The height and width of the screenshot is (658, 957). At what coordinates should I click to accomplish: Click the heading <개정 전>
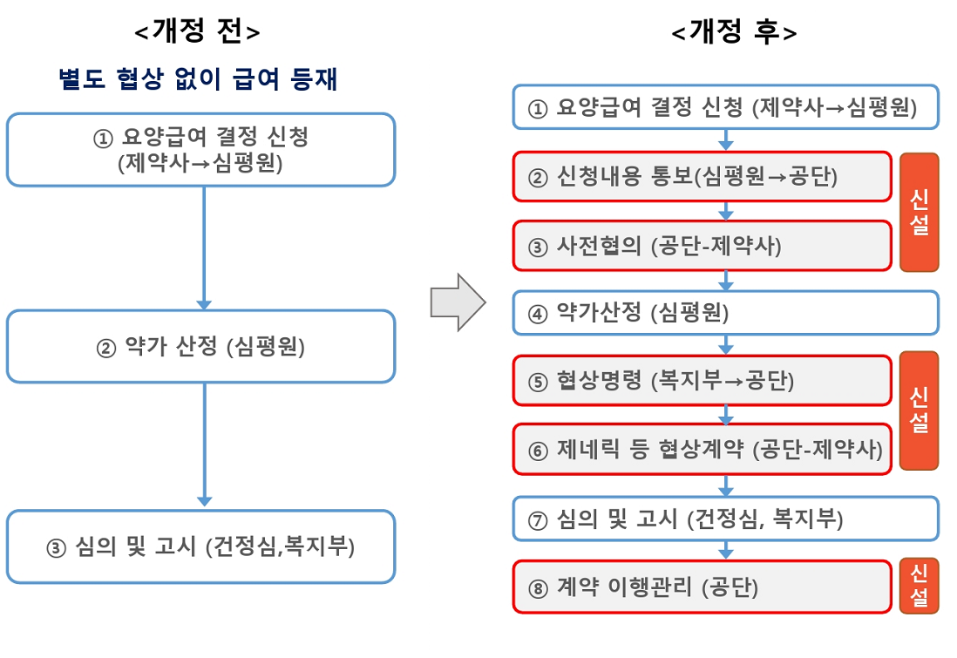[197, 31]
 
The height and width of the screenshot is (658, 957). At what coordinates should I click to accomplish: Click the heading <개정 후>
[734, 31]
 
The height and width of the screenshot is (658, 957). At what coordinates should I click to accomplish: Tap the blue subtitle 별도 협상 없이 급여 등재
[198, 78]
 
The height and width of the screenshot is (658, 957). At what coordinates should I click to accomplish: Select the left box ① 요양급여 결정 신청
[200, 150]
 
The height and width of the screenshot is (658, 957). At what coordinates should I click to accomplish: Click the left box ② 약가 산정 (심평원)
[200, 347]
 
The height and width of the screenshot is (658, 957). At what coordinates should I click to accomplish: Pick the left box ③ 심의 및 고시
[200, 546]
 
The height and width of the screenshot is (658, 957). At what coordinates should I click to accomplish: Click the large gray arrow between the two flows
[458, 302]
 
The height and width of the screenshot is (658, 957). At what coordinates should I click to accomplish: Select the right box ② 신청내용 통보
[702, 176]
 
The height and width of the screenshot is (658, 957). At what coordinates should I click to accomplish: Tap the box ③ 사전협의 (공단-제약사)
[702, 246]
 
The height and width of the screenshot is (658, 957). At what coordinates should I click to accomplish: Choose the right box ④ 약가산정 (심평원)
[726, 313]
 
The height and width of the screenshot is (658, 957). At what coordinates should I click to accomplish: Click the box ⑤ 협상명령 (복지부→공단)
[702, 381]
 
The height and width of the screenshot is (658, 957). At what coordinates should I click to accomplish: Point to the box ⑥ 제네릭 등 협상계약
[702, 449]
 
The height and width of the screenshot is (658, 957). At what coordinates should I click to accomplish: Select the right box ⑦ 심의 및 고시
[726, 519]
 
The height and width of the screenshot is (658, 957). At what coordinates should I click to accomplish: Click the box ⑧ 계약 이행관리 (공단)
[702, 587]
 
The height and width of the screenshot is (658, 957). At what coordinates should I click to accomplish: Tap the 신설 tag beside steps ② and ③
[920, 212]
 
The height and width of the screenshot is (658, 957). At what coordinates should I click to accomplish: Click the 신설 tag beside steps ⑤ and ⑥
[920, 410]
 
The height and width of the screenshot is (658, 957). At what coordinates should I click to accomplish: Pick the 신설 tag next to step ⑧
[920, 587]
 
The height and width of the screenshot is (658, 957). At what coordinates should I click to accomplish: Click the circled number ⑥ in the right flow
[538, 451]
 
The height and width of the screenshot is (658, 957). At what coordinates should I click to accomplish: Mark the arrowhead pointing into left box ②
[205, 305]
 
